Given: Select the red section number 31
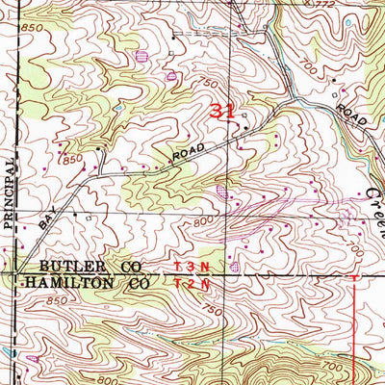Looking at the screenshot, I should [222, 112].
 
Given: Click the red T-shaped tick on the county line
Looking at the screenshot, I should [355, 277].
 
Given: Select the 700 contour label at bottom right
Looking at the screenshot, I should [333, 368].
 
